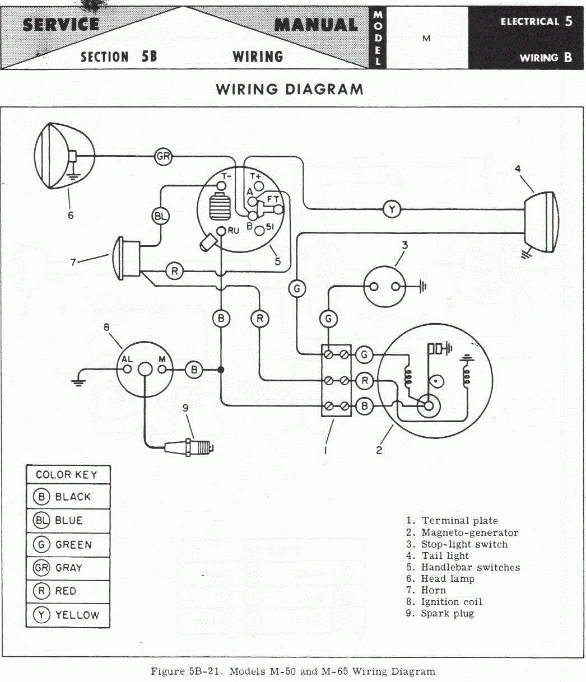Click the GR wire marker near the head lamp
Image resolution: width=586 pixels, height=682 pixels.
[x=164, y=157]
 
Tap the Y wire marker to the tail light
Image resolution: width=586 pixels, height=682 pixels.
[x=392, y=209]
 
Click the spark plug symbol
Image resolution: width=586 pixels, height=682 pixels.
[x=190, y=447]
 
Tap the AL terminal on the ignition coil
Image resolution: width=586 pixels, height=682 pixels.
[x=127, y=370]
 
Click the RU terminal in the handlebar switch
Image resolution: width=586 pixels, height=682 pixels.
[x=222, y=231]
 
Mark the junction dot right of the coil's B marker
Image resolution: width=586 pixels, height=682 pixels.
[x=221, y=370]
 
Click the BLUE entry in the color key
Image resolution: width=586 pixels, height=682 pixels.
[x=68, y=521]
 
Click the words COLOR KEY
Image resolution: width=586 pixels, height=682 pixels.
[x=67, y=475]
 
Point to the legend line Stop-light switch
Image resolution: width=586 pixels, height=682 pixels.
[x=464, y=544]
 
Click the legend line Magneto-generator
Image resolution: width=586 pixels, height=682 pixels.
[x=469, y=532]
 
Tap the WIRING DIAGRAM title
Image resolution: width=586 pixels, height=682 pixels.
[x=290, y=89]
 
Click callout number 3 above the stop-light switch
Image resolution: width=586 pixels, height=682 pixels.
[x=404, y=245]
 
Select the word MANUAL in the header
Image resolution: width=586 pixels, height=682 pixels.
[x=317, y=25]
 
